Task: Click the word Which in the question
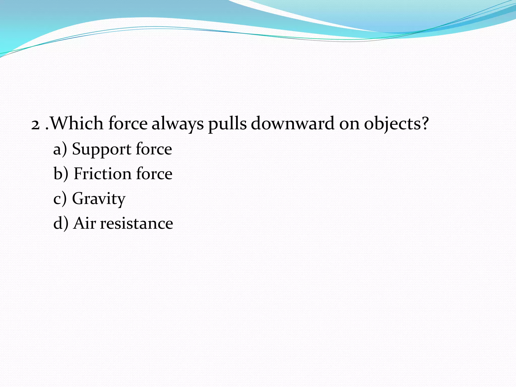(x=77, y=123)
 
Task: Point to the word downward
(x=293, y=123)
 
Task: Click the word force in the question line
(x=128, y=123)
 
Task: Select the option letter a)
(x=60, y=149)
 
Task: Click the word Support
(x=101, y=149)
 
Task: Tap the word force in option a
(x=154, y=149)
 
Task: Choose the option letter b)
(x=61, y=174)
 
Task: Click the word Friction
(x=102, y=174)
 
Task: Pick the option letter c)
(x=60, y=199)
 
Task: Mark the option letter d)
(x=61, y=223)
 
